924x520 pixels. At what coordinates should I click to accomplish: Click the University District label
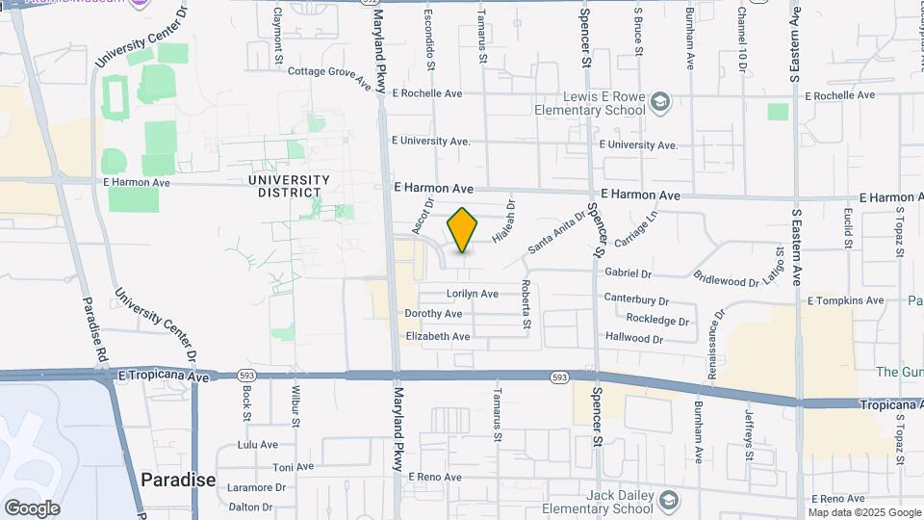(288, 186)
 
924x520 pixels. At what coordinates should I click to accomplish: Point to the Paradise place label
(178, 480)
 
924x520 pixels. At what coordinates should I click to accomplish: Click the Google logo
(32, 507)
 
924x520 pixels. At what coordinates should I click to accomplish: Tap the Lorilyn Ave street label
(472, 294)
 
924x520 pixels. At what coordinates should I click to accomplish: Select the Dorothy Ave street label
(434, 314)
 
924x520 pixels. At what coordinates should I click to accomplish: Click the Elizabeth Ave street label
(438, 336)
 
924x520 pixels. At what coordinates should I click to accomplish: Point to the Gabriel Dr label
(629, 274)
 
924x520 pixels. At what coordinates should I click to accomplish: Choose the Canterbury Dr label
(636, 299)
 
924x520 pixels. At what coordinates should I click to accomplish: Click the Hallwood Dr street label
(634, 339)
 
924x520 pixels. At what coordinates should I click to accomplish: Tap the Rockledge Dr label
(658, 321)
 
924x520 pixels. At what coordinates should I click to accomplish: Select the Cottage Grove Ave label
(330, 76)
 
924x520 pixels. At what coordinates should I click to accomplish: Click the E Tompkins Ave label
(845, 300)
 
